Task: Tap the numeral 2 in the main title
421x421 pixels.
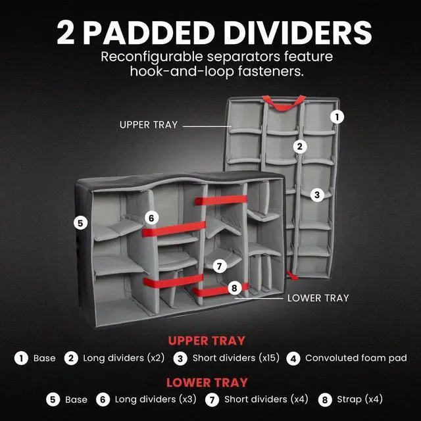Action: click(x=66, y=32)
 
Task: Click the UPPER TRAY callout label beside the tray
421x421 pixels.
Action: click(x=149, y=124)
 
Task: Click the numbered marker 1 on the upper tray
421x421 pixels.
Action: click(x=337, y=116)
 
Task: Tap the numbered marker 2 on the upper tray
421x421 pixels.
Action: click(x=300, y=146)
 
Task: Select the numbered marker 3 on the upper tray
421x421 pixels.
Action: click(x=317, y=195)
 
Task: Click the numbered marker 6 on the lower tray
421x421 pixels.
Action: click(x=151, y=217)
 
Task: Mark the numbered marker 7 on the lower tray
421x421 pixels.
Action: click(x=220, y=266)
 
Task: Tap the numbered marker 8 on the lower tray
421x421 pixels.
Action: click(x=234, y=288)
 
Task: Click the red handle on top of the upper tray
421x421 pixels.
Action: click(x=284, y=102)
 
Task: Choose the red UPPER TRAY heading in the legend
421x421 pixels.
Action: click(x=207, y=341)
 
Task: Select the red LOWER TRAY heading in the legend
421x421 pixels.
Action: click(x=207, y=382)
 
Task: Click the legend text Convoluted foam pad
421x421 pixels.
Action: click(x=356, y=359)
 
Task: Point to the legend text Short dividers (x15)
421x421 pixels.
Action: click(x=236, y=359)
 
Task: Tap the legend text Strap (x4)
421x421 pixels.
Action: click(x=359, y=399)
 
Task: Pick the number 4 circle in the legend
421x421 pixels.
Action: click(x=293, y=359)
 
